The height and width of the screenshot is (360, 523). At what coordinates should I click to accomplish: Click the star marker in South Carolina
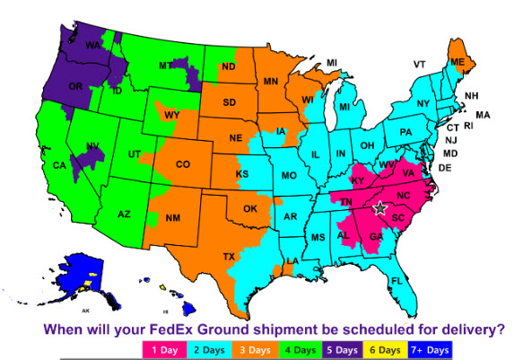379,207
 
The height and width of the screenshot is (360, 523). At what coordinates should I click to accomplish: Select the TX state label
230,256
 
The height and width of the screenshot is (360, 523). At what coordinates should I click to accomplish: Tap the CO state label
183,164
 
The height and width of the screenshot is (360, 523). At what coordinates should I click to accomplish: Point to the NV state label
92,146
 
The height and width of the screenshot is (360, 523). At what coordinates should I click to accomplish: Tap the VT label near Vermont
419,65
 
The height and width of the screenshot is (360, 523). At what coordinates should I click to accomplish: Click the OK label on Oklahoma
250,208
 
